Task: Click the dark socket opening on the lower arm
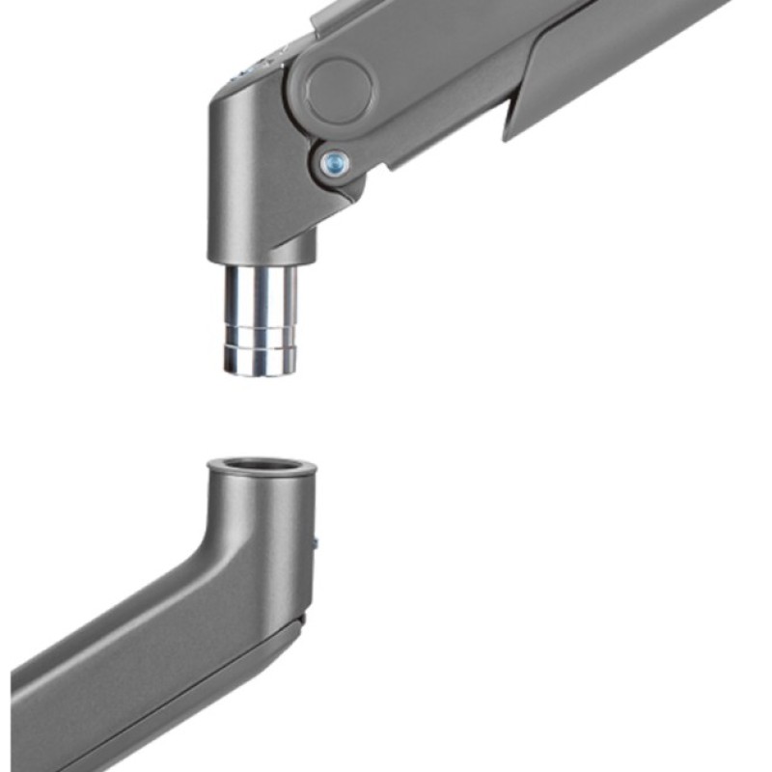(x=262, y=465)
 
